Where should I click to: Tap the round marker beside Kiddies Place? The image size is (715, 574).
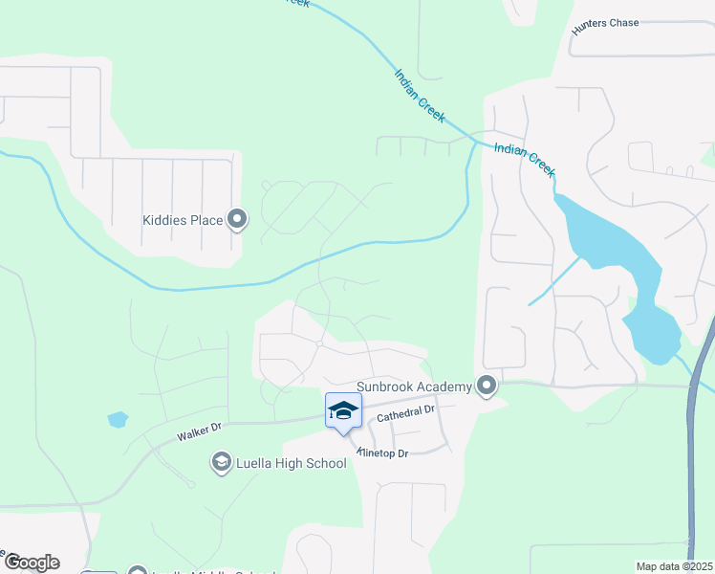238,221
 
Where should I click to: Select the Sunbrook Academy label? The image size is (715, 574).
415,386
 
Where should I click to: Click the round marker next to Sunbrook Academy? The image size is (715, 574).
487,386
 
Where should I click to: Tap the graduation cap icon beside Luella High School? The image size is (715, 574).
221,464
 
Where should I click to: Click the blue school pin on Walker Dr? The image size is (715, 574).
343,412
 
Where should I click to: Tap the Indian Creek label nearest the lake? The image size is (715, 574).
524,158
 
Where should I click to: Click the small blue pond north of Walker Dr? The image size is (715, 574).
118,419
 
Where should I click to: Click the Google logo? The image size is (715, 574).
32,563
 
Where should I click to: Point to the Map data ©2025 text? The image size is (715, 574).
674,566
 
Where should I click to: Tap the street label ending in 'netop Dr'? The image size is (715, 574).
383,452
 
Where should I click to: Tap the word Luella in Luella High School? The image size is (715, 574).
252,464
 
